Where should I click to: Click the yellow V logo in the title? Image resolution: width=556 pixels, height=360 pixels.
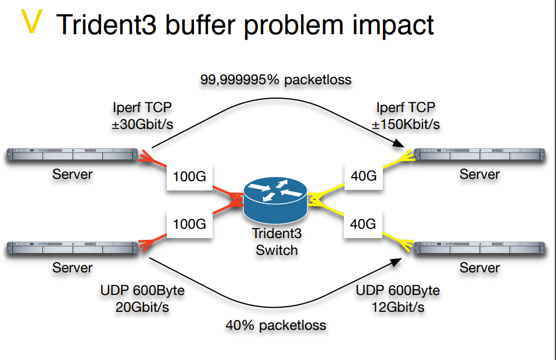[32, 21]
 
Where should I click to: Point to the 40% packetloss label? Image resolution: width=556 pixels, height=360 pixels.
[276, 325]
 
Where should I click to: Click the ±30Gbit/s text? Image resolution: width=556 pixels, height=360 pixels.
[143, 124]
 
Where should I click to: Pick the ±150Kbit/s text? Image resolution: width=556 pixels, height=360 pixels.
[406, 124]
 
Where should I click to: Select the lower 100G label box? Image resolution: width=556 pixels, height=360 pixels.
[190, 223]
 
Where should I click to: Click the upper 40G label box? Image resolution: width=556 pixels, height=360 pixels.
[364, 174]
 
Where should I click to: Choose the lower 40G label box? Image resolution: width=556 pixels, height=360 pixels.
[364, 223]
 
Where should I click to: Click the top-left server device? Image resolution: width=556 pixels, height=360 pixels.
[73, 155]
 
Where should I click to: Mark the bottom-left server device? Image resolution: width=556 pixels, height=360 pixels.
[73, 249]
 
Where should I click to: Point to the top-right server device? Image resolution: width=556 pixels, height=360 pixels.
[479, 155]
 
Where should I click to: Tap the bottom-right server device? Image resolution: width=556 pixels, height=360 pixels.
[479, 249]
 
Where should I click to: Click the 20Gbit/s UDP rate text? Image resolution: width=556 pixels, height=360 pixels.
[142, 307]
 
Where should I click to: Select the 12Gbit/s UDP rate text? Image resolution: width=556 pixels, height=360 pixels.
[397, 307]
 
